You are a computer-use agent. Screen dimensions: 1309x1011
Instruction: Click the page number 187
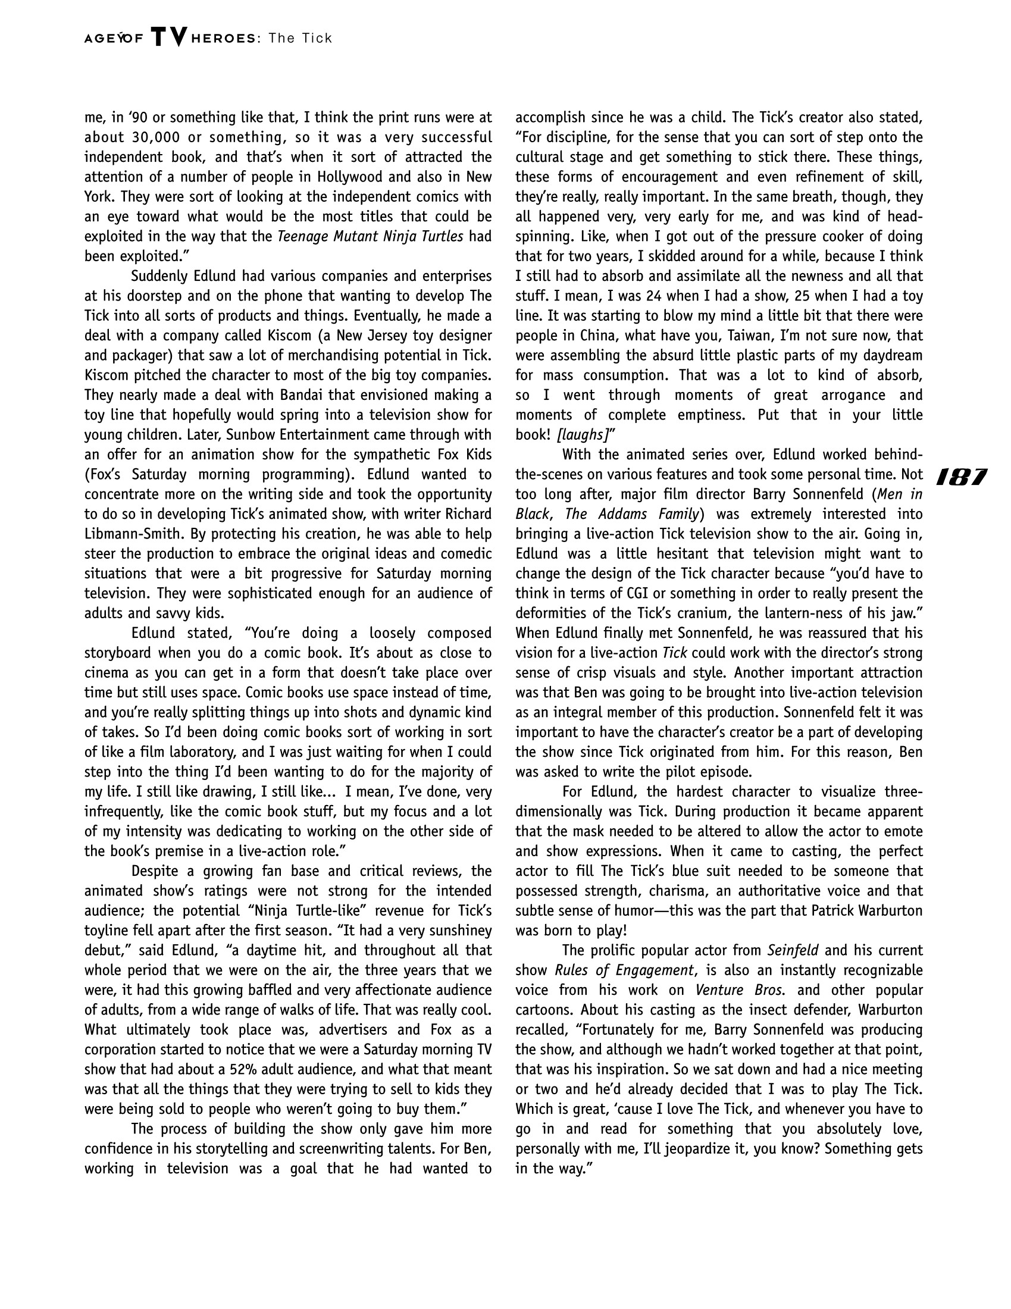pyautogui.click(x=960, y=477)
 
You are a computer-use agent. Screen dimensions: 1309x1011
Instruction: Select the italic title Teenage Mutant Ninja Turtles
pyautogui.click(x=370, y=236)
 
